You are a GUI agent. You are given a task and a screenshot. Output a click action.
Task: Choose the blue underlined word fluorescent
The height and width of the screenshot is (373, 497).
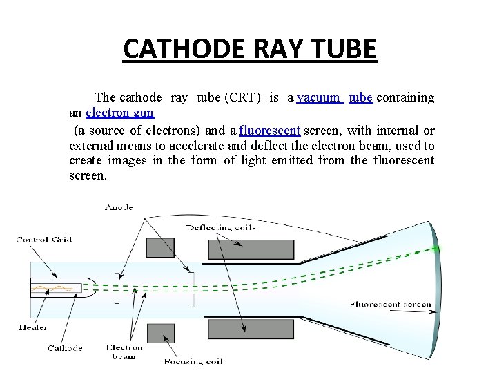[x=270, y=131]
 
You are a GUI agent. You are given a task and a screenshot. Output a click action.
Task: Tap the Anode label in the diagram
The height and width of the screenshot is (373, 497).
[x=119, y=207]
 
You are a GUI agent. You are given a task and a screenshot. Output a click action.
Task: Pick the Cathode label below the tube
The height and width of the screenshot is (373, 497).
[x=65, y=347]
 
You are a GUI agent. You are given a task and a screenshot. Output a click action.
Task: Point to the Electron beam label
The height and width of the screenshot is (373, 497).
[x=124, y=352]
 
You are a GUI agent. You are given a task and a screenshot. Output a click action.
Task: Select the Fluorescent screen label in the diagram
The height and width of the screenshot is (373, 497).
[x=390, y=304]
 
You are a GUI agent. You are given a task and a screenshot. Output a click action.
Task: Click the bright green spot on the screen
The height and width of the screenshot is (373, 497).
[x=436, y=247]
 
